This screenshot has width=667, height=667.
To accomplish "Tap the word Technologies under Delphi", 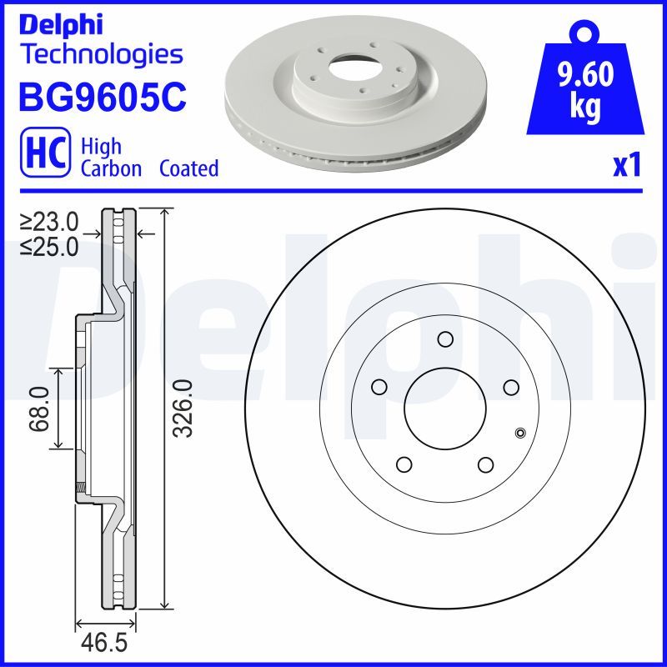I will [x=101, y=55].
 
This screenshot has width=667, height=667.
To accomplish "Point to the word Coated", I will [x=189, y=169].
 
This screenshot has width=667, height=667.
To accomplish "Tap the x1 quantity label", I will [x=626, y=167].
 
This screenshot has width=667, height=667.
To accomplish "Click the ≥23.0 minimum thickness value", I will [x=49, y=222].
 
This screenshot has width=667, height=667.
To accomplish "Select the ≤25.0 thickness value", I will [x=49, y=246].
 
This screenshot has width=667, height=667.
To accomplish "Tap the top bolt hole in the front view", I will [x=445, y=339].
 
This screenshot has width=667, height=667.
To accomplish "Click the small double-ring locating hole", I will [x=521, y=432].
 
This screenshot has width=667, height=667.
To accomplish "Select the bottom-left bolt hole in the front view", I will [x=404, y=464].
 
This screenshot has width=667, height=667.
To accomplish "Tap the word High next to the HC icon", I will [x=101, y=147].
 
